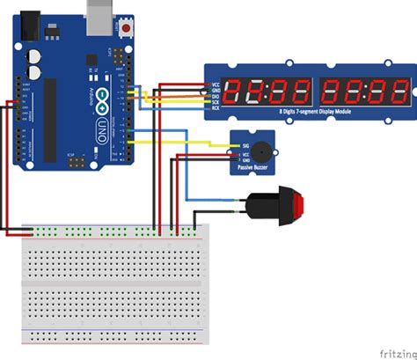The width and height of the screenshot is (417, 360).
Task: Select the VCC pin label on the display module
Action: click(x=215, y=84)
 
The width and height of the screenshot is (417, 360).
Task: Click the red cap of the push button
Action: click(x=300, y=206)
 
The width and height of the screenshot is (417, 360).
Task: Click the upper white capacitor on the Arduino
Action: click(x=36, y=54)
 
